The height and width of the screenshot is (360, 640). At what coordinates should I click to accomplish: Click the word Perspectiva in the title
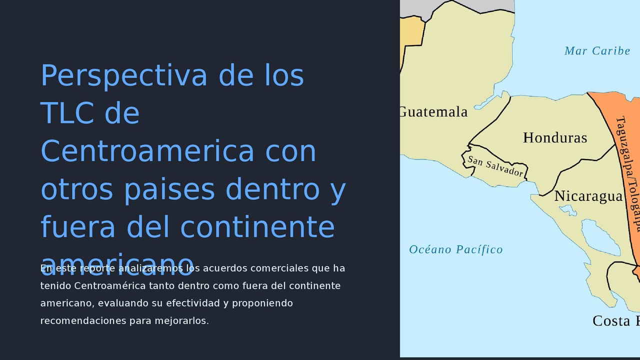[x=123, y=76]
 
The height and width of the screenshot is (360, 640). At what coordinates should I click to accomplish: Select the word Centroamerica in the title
[x=147, y=151]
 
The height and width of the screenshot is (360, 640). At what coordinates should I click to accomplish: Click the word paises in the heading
[x=170, y=189]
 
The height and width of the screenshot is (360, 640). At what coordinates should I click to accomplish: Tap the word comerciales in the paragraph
[x=279, y=268]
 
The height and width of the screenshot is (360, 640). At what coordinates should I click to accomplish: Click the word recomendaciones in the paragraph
[x=83, y=321]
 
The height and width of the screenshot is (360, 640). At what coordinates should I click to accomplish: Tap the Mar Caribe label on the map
[x=597, y=51]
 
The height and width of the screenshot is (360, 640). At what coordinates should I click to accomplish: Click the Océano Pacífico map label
[x=455, y=249]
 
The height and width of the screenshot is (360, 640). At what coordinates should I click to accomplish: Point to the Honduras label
[x=555, y=138]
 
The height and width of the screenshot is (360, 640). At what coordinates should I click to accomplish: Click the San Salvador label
[x=495, y=166]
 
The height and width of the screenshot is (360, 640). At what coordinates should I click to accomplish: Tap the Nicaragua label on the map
[x=588, y=196]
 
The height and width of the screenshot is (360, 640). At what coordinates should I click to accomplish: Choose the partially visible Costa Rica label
[x=615, y=321]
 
